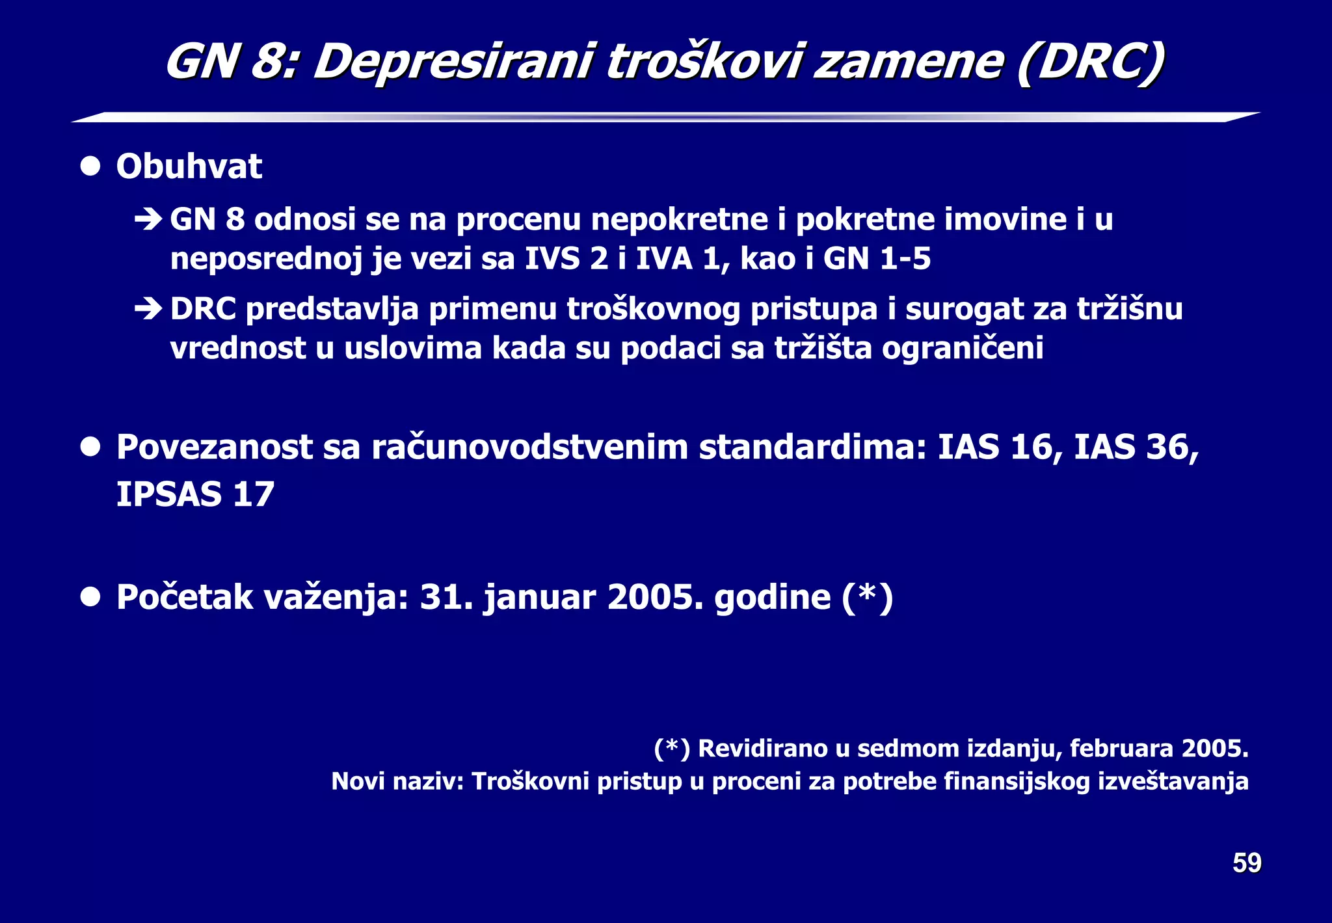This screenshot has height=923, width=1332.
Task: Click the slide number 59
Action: [1246, 863]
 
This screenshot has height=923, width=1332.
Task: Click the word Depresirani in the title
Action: [453, 63]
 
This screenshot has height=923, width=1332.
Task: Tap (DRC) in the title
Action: [1090, 63]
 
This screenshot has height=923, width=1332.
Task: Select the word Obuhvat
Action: [189, 167]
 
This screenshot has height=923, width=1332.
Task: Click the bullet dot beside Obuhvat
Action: [90, 167]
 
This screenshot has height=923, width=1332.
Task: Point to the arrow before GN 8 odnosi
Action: [148, 220]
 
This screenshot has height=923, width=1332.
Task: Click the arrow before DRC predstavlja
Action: [148, 309]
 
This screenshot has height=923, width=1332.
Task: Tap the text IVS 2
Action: [566, 259]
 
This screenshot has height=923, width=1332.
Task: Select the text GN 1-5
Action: [877, 259]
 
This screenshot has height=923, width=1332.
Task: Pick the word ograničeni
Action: [963, 348]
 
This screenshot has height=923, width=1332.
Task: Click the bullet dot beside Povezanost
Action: [90, 448]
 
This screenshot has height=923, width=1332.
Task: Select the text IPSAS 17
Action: [195, 494]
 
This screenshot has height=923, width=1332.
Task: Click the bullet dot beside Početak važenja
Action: [90, 596]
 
